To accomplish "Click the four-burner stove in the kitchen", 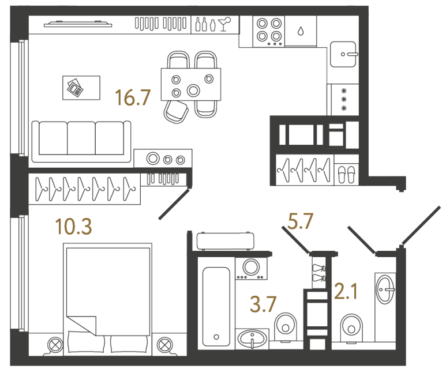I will coord(269,31).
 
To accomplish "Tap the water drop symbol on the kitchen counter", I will coord(300,32).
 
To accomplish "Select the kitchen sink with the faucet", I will coord(344,55).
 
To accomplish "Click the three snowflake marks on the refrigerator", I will coord(344,99).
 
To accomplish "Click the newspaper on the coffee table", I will coord(75,88).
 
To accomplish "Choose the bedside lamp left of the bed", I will coord(55,344).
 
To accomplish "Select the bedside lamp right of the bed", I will coord(164,344).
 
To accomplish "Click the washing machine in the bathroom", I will coord(251,268).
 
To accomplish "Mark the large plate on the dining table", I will coord(193,90).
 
